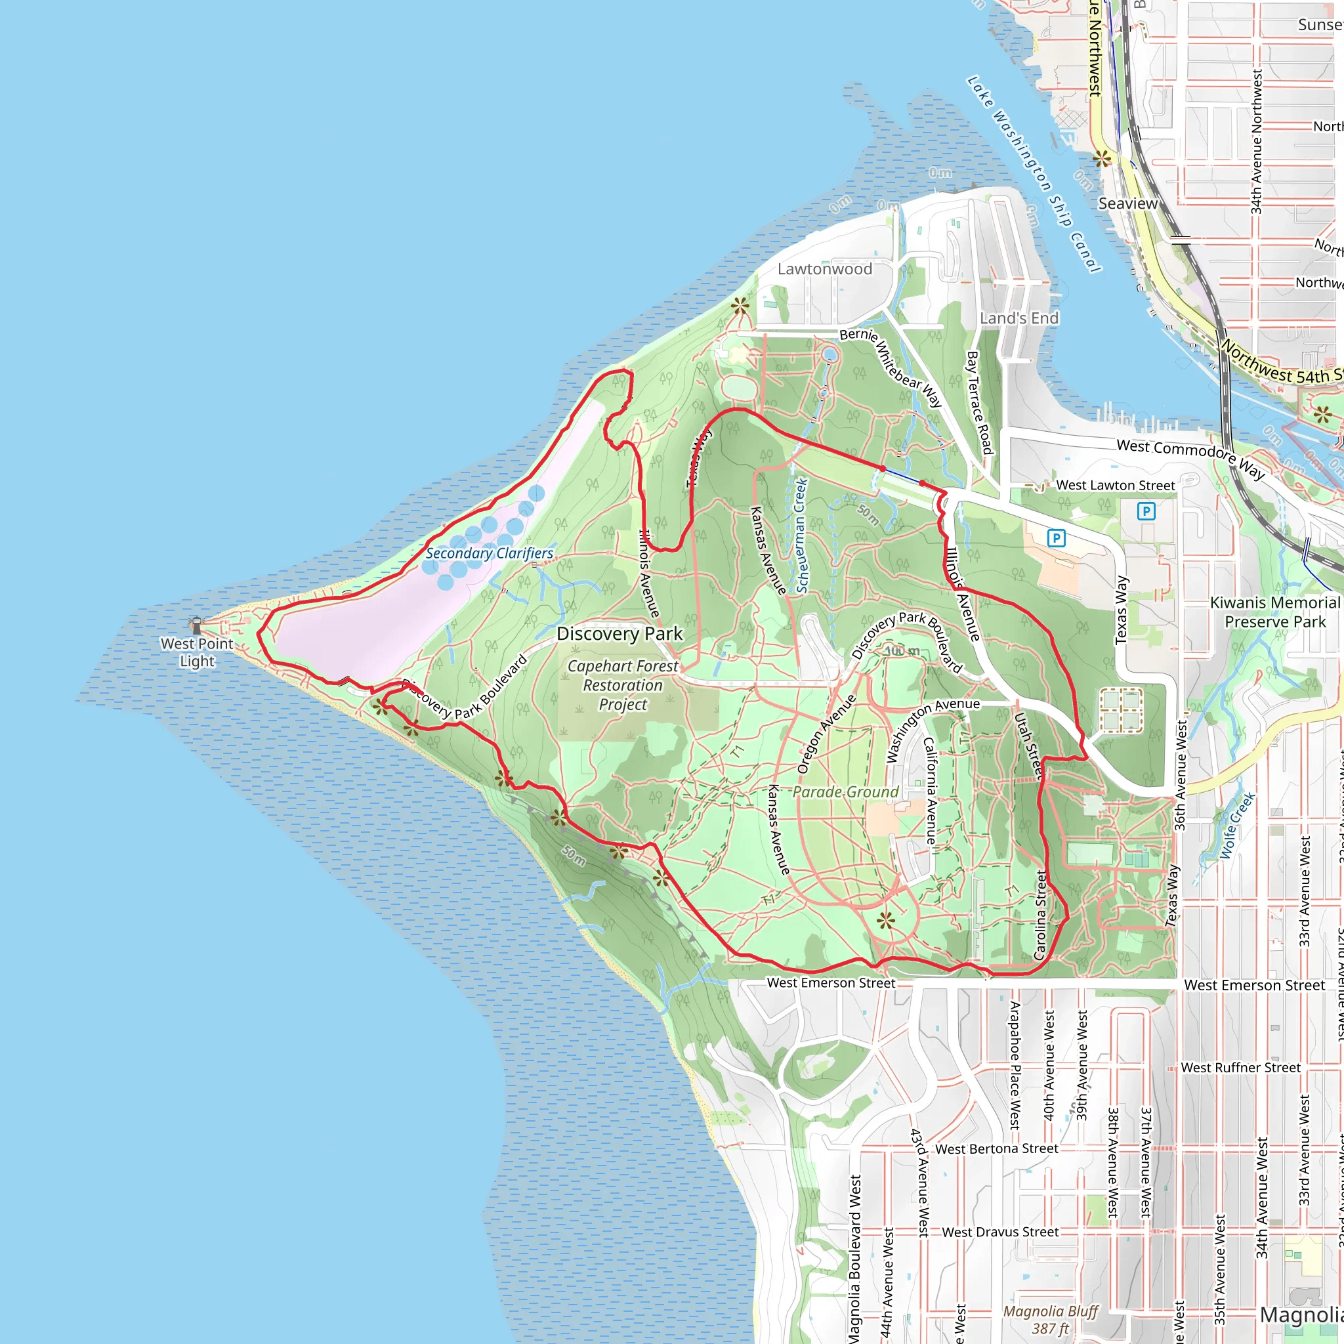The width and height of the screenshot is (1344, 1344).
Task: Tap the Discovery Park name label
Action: tap(619, 634)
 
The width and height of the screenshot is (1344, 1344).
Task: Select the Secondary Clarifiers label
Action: tap(489, 553)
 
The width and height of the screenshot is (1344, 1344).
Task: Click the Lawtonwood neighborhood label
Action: tap(824, 269)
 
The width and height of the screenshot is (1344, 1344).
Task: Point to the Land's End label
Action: tap(1018, 318)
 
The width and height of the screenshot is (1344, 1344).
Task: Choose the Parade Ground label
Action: tap(845, 791)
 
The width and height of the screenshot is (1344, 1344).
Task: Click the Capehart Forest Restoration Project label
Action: tap(623, 685)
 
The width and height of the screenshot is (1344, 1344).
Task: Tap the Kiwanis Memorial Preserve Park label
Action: tap(1274, 612)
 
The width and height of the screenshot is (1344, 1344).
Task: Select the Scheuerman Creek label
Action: tap(801, 535)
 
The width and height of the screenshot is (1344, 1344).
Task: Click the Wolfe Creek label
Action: tap(1237, 825)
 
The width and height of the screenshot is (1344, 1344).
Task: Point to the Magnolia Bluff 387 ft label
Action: tap(1051, 1320)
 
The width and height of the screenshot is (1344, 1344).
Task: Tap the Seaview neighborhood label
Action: tap(1127, 204)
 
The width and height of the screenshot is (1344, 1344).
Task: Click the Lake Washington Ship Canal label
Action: tap(1034, 174)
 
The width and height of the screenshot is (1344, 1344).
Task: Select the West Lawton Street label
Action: tap(1115, 485)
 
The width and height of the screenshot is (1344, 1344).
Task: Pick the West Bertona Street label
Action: tap(996, 1149)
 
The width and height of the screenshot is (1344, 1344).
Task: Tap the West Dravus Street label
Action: tap(999, 1232)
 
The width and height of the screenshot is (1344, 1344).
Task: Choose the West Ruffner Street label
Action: tap(1240, 1067)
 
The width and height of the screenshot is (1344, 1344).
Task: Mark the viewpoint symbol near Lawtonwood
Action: tap(740, 304)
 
